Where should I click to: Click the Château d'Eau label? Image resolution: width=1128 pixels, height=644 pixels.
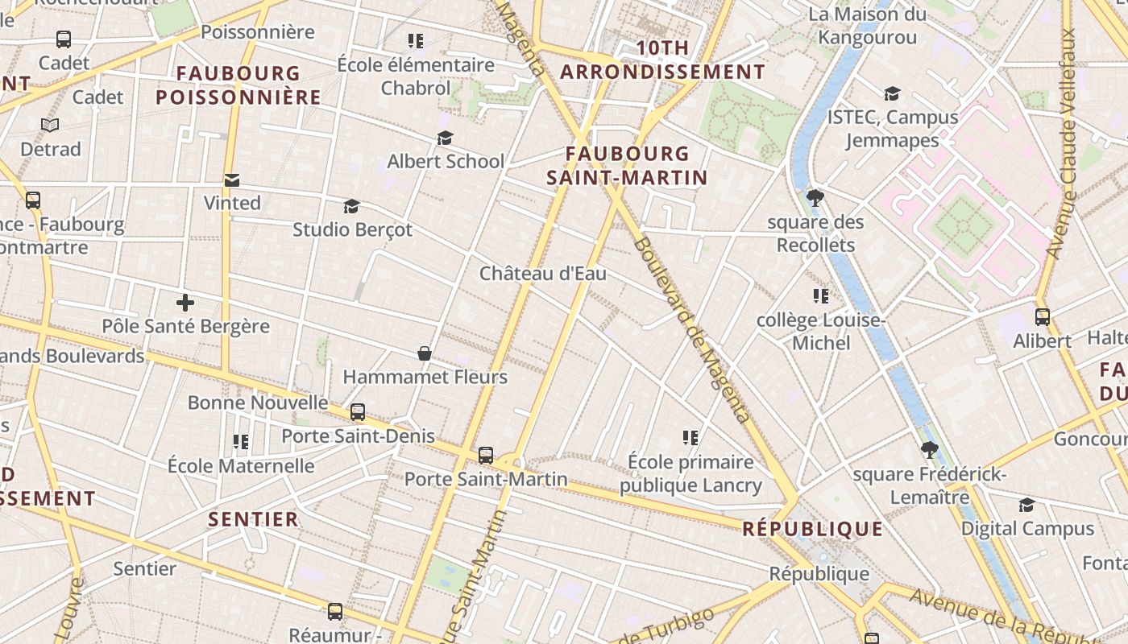[x=543, y=274]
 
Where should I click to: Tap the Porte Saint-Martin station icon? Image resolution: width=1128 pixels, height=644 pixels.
[x=485, y=456]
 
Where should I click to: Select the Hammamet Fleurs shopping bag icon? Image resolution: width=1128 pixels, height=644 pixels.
[x=425, y=353]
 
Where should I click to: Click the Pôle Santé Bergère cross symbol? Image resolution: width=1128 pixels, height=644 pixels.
[x=185, y=303]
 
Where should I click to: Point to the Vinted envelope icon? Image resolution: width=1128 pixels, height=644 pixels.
[x=232, y=180]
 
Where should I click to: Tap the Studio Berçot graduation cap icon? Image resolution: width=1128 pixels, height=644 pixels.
[x=351, y=207]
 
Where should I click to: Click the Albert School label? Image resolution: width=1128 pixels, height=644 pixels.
[x=446, y=161]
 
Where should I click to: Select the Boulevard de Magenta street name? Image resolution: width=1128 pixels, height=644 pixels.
[x=692, y=330]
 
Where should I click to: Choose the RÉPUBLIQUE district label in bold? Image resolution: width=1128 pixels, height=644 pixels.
[x=812, y=529]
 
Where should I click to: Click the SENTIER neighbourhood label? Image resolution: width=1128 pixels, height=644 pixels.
[x=254, y=519]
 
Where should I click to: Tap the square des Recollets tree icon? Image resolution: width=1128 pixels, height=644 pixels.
[x=815, y=197]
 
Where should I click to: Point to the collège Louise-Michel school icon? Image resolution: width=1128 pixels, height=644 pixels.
[x=821, y=296]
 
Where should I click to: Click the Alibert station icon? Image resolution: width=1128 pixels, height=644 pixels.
[x=1043, y=317]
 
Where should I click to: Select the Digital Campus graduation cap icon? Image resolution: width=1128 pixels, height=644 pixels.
[x=1026, y=505]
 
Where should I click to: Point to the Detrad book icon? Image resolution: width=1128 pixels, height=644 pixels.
[x=50, y=126]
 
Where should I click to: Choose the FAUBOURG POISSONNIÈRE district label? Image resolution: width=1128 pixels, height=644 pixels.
[x=238, y=85]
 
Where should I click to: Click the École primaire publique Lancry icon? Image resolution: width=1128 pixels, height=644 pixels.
[x=690, y=438]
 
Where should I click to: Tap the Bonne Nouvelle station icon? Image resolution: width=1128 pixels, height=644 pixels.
[x=358, y=412]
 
